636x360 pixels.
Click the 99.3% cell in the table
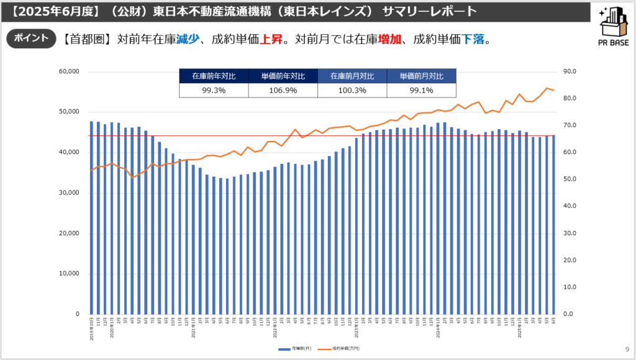(x=214, y=90)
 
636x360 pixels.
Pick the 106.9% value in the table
(x=283, y=90)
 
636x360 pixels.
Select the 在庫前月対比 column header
(x=352, y=76)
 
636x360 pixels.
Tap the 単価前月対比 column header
(x=421, y=76)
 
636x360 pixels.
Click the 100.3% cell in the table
(x=352, y=90)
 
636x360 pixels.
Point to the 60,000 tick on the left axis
(x=68, y=71)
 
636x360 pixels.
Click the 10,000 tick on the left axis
(x=68, y=274)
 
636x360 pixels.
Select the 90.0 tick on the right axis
(x=570, y=71)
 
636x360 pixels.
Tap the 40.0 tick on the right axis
(x=570, y=206)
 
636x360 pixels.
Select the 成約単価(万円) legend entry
(x=341, y=349)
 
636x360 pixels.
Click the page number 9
(x=626, y=349)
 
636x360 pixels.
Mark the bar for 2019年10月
(x=92, y=217)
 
